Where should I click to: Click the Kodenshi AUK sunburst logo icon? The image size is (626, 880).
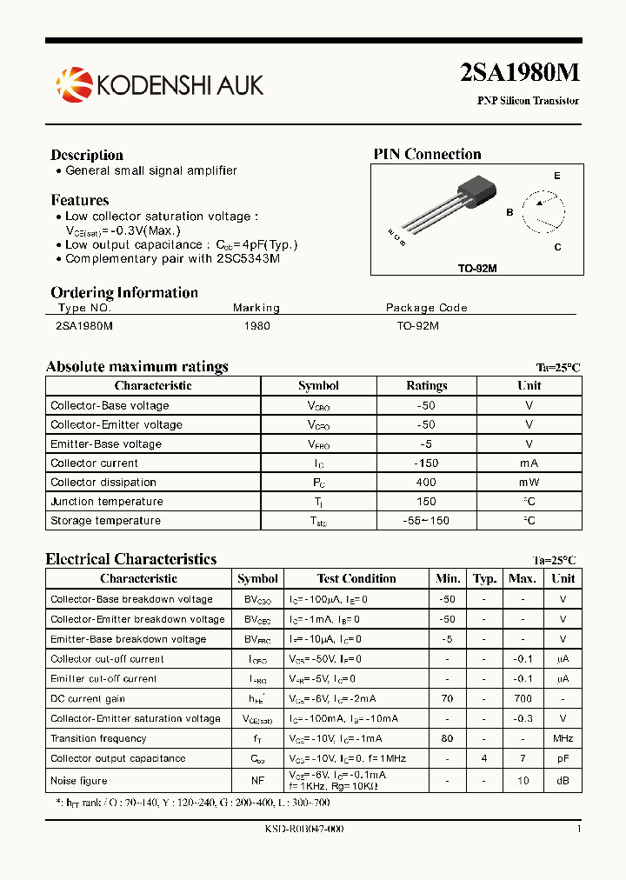pos(73,83)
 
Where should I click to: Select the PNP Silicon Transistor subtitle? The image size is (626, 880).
pos(528,101)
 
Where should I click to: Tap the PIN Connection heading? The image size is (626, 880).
pos(427,155)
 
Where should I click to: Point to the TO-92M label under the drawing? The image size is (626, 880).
pos(477,269)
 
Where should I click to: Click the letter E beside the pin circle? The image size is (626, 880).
pos(556,177)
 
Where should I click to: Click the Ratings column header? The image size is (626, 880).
pos(427,386)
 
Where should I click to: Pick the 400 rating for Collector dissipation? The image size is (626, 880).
pos(426,483)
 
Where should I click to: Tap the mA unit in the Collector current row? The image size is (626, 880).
pos(529,463)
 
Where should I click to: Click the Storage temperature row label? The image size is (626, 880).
pos(105,521)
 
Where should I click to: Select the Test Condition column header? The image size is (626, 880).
pos(356,579)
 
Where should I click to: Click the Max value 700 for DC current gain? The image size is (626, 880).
pos(522,699)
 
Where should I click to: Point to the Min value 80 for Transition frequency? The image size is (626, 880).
pos(448,739)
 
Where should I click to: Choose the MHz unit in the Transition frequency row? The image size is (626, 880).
pos(563,739)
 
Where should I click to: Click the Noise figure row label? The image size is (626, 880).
pos(79,781)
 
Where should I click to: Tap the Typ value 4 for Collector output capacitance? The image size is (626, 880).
pos(484,759)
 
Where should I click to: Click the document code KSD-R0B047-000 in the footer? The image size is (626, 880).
pos(303,830)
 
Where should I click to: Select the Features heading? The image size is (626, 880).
pos(80,200)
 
